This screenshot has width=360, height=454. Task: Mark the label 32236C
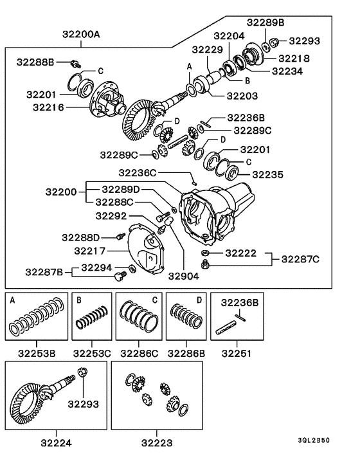coord(137,173)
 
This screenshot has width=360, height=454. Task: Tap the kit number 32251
coord(236,353)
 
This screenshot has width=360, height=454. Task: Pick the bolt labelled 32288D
coord(120,236)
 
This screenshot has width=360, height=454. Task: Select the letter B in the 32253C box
coord(78,300)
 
